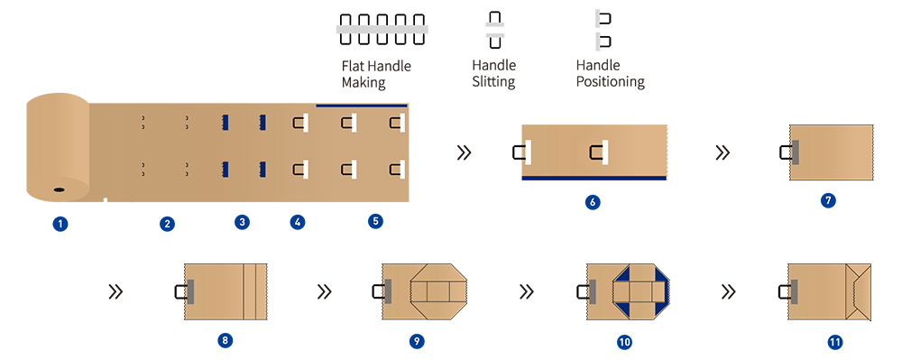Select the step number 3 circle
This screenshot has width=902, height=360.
[x=242, y=221]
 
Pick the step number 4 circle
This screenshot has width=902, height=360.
[x=298, y=221]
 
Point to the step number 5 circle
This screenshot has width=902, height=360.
[x=376, y=219]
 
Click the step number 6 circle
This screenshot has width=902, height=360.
[x=592, y=202]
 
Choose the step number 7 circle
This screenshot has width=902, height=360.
[x=828, y=200]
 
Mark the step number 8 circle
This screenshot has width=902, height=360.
[x=225, y=340]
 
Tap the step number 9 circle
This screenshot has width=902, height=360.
[x=416, y=340]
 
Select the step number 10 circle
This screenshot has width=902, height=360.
[x=624, y=342]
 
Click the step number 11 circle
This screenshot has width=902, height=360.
[x=834, y=342]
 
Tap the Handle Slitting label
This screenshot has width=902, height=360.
[x=493, y=74]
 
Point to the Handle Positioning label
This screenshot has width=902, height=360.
[x=610, y=74]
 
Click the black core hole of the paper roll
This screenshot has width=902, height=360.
[x=58, y=190]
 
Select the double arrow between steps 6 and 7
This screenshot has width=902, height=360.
[x=723, y=152]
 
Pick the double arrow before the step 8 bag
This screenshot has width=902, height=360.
[x=115, y=291]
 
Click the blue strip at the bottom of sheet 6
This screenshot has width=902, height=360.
[x=594, y=178]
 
